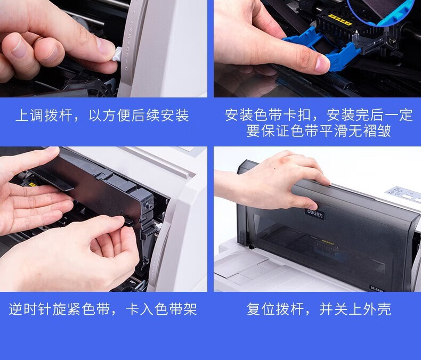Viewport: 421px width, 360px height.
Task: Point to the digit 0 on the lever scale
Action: [x=126, y=69]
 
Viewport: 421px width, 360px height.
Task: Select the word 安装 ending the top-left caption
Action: [x=175, y=116]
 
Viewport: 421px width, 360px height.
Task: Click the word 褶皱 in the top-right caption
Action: [x=377, y=131]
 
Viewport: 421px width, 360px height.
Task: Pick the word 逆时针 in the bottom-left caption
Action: [x=30, y=309]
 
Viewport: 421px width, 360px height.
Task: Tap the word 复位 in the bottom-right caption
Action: [x=261, y=309]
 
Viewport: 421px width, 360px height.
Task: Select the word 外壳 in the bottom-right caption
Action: [x=377, y=309]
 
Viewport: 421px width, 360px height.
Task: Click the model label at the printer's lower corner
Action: [x=377, y=288]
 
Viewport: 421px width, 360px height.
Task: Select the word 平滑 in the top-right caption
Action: [x=333, y=131]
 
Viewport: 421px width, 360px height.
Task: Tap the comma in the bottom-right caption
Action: [x=309, y=313]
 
